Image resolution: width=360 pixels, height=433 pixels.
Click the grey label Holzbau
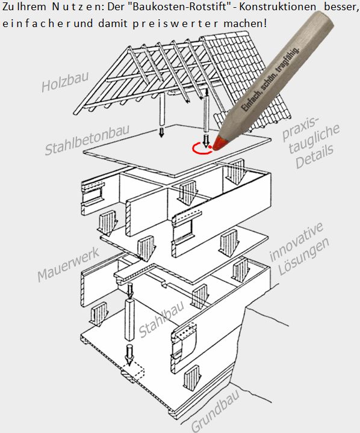pyautogui.click(x=65, y=82)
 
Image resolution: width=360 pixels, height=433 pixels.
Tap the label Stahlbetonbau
pyautogui.click(x=87, y=140)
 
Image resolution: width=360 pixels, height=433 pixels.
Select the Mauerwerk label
pyautogui.click(x=68, y=265)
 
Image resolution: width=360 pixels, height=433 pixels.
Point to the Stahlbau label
pyautogui.click(x=162, y=319)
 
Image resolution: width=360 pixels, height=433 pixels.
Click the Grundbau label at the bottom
pyautogui.click(x=215, y=411)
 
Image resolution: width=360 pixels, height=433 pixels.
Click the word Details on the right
pyautogui.click(x=315, y=156)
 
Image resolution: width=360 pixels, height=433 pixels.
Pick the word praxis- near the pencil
pyautogui.click(x=300, y=129)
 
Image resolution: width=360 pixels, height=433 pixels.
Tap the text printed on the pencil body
pyautogui.click(x=271, y=79)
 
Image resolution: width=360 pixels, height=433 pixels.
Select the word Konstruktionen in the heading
pyautogui.click(x=277, y=7)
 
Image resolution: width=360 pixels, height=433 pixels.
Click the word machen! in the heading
pyautogui.click(x=245, y=23)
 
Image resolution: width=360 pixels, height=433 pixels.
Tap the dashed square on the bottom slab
pyautogui.click(x=133, y=372)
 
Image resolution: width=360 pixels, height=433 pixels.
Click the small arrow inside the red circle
pyautogui.click(x=205, y=140)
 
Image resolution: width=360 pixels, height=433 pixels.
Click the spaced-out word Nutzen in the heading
pyautogui.click(x=73, y=7)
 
